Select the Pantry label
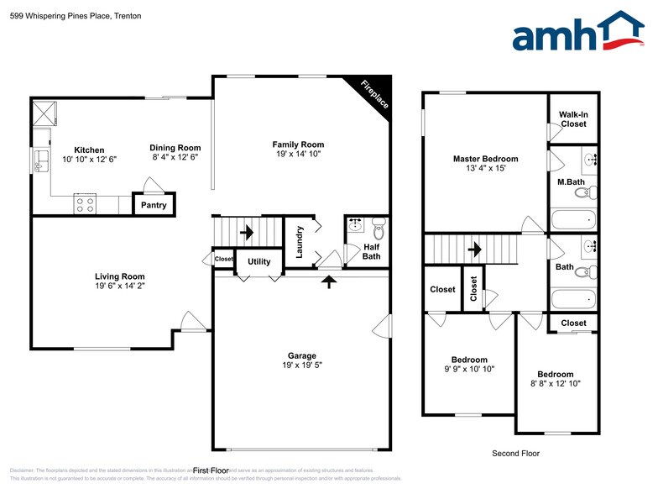point(154,205)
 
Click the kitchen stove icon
point(85,202)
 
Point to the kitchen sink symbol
point(40,160)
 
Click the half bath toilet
point(378,228)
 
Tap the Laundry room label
point(298,240)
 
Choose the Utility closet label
point(259,262)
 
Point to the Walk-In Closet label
point(573,118)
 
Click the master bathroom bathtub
point(573,221)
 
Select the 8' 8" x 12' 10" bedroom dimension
point(556,384)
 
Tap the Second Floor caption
point(515,454)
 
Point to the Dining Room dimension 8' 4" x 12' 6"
point(176,157)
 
